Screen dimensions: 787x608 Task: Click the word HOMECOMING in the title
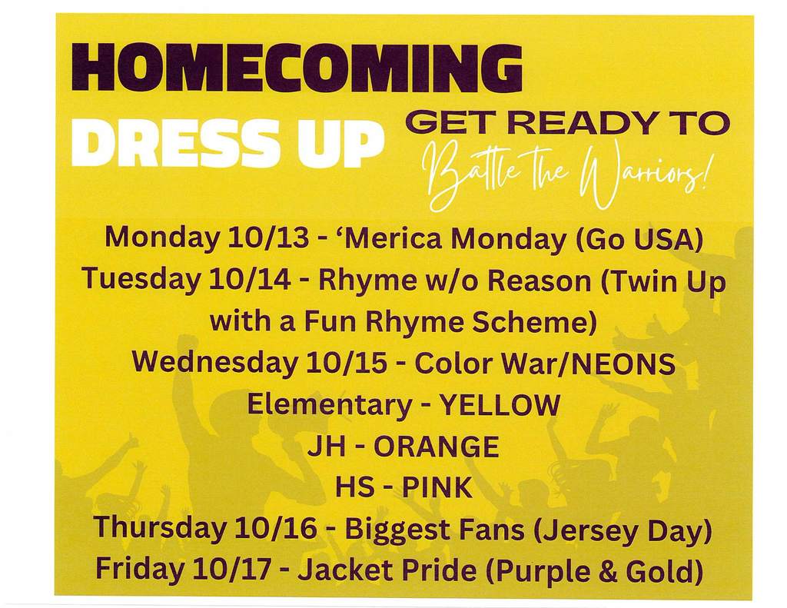tap(297, 68)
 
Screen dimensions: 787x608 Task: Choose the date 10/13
tap(268, 238)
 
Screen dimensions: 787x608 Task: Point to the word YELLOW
tap(500, 405)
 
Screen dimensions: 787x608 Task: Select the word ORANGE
tap(437, 447)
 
